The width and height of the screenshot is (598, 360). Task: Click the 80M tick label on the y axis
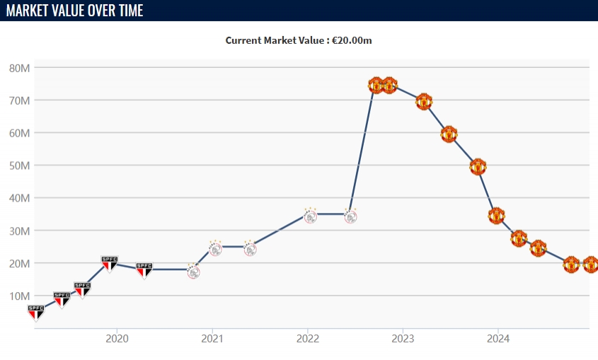19,68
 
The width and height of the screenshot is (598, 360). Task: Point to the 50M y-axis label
19,166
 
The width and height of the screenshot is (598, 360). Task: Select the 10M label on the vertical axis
19,296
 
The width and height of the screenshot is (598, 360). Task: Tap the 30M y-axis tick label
19,231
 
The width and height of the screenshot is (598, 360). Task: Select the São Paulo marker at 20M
109,264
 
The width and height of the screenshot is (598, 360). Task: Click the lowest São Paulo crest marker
35,312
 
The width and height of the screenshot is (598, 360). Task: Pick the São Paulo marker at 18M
144,269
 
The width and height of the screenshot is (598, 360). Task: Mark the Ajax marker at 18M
192,270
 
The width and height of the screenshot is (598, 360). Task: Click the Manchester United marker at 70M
424,101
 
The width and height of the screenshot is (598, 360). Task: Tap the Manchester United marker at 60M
449,134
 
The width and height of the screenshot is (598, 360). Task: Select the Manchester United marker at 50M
478,167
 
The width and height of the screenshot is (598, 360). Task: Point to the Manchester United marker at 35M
496,215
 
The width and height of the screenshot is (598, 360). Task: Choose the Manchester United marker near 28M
519,238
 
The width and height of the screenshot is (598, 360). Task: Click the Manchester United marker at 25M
538,248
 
